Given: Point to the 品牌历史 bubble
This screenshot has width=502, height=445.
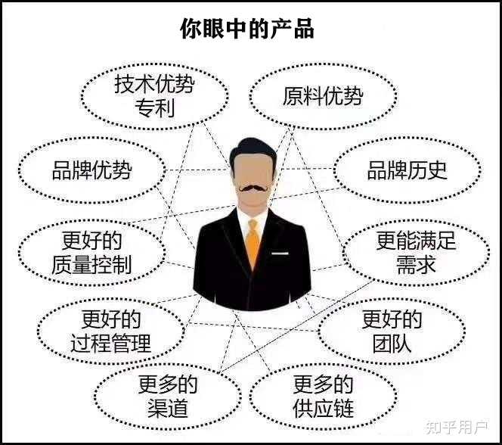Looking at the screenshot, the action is click(407, 170).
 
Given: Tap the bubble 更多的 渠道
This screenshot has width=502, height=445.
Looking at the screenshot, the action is click(168, 397).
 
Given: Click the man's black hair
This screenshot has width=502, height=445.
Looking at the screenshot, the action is click(252, 148).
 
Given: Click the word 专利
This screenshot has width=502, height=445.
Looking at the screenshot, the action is click(154, 107).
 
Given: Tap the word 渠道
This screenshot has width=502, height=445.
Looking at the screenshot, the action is click(168, 409).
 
